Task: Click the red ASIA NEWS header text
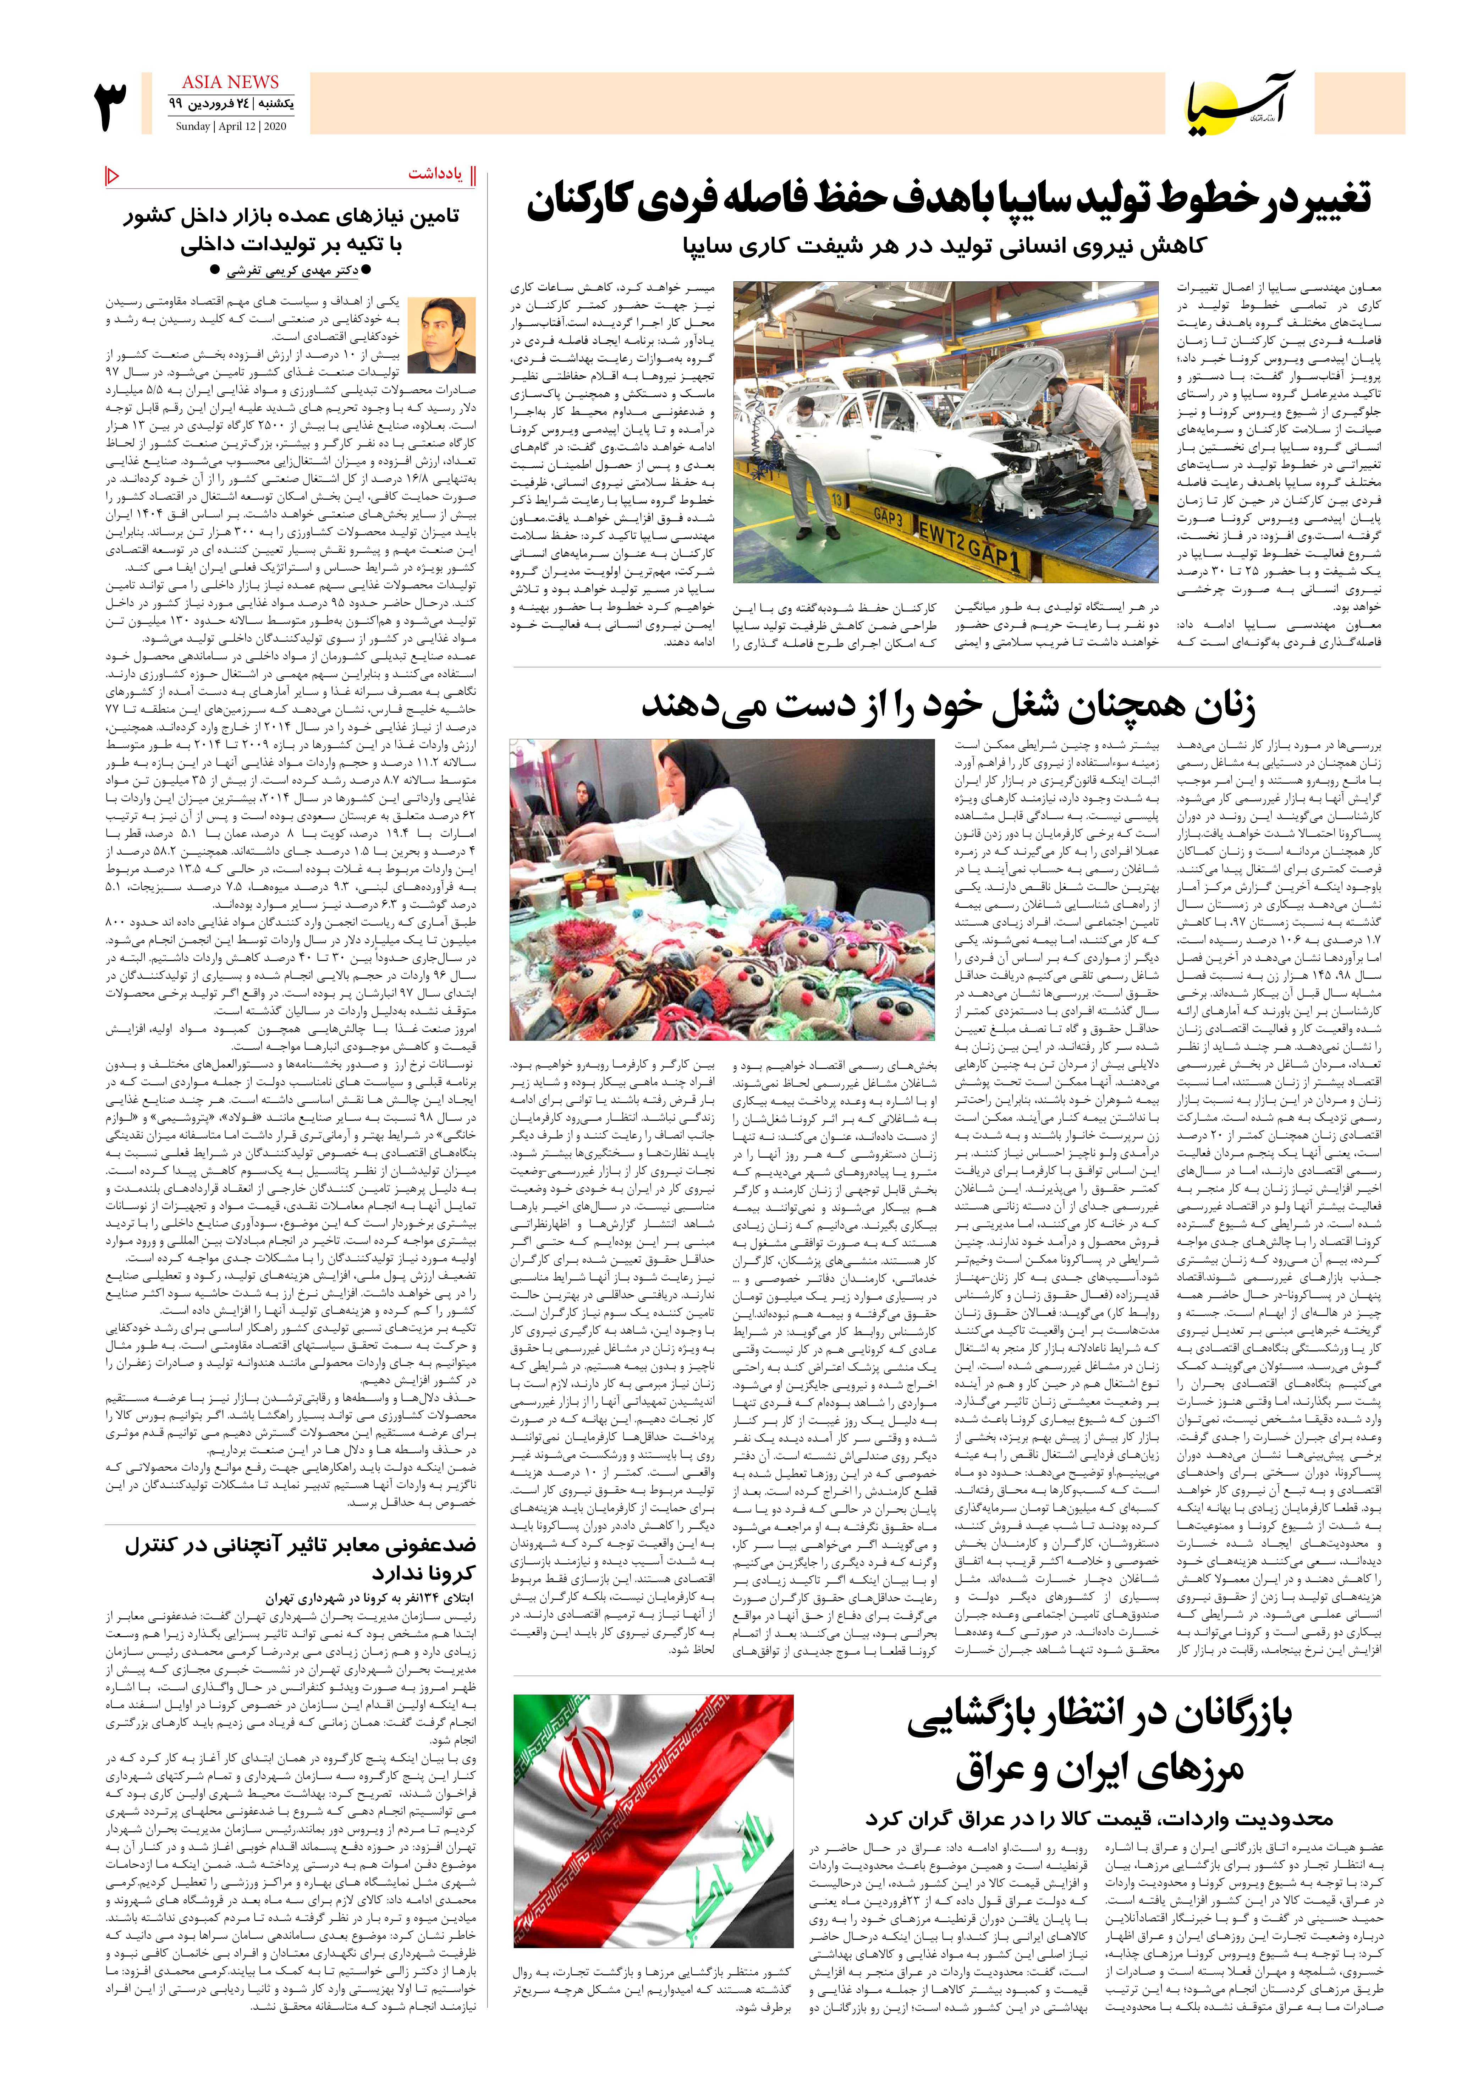[x=230, y=82]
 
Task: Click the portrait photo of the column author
[x=442, y=334]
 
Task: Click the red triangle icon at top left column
[x=112, y=174]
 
